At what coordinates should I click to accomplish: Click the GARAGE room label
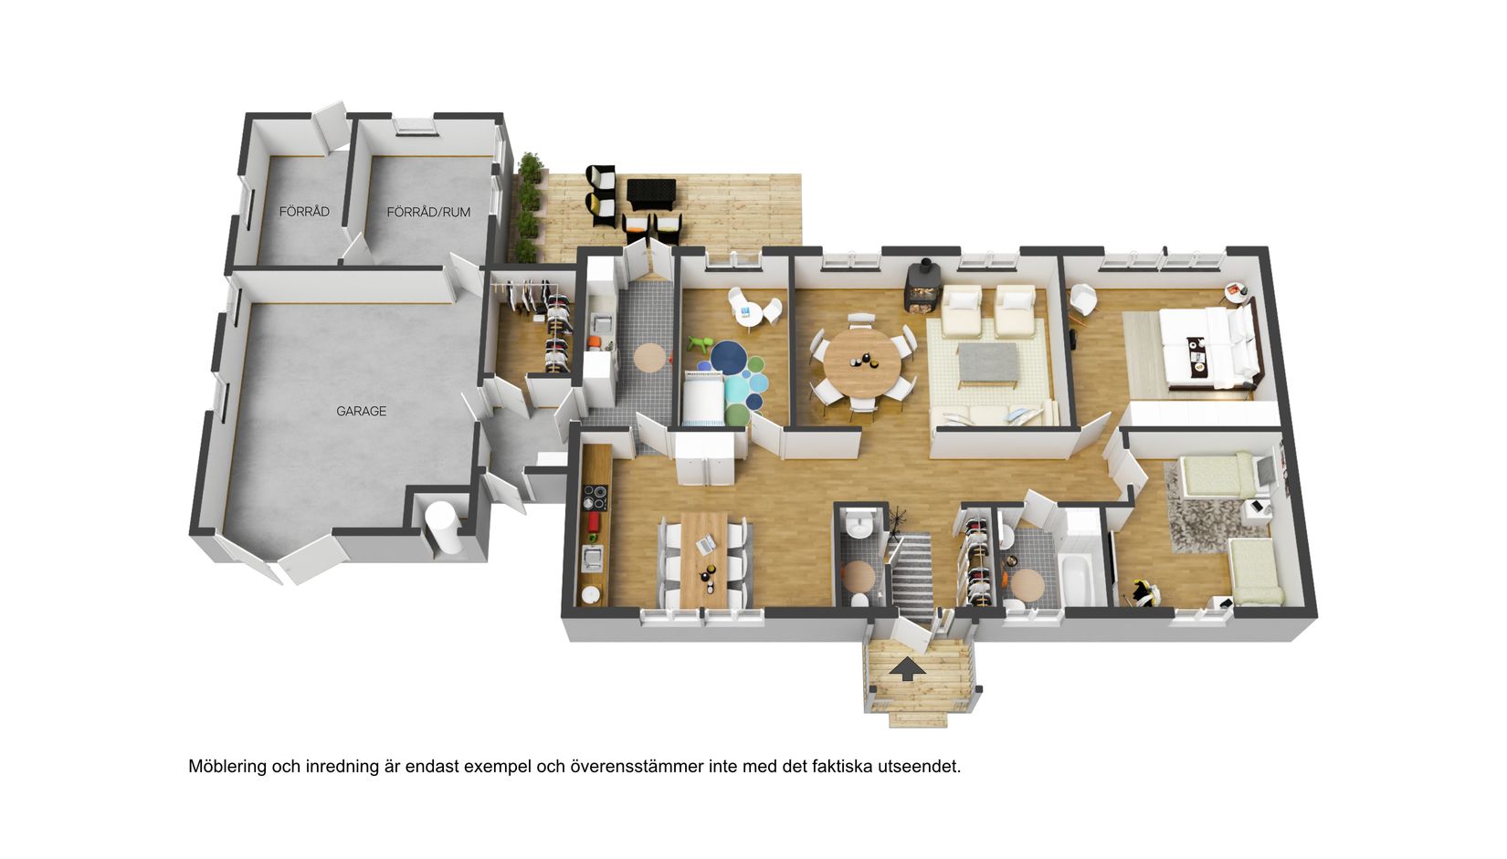(x=361, y=412)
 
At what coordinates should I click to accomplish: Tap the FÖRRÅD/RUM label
(x=428, y=212)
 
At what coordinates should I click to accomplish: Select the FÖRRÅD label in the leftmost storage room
(x=304, y=212)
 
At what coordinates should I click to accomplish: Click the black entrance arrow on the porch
(x=907, y=669)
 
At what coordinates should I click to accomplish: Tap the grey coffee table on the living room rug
(x=987, y=362)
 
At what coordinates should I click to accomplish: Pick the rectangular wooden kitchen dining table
(x=705, y=555)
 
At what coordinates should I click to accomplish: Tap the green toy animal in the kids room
(x=701, y=346)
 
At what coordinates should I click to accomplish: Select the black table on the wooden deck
(x=650, y=193)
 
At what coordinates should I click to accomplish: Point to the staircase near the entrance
(x=912, y=571)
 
